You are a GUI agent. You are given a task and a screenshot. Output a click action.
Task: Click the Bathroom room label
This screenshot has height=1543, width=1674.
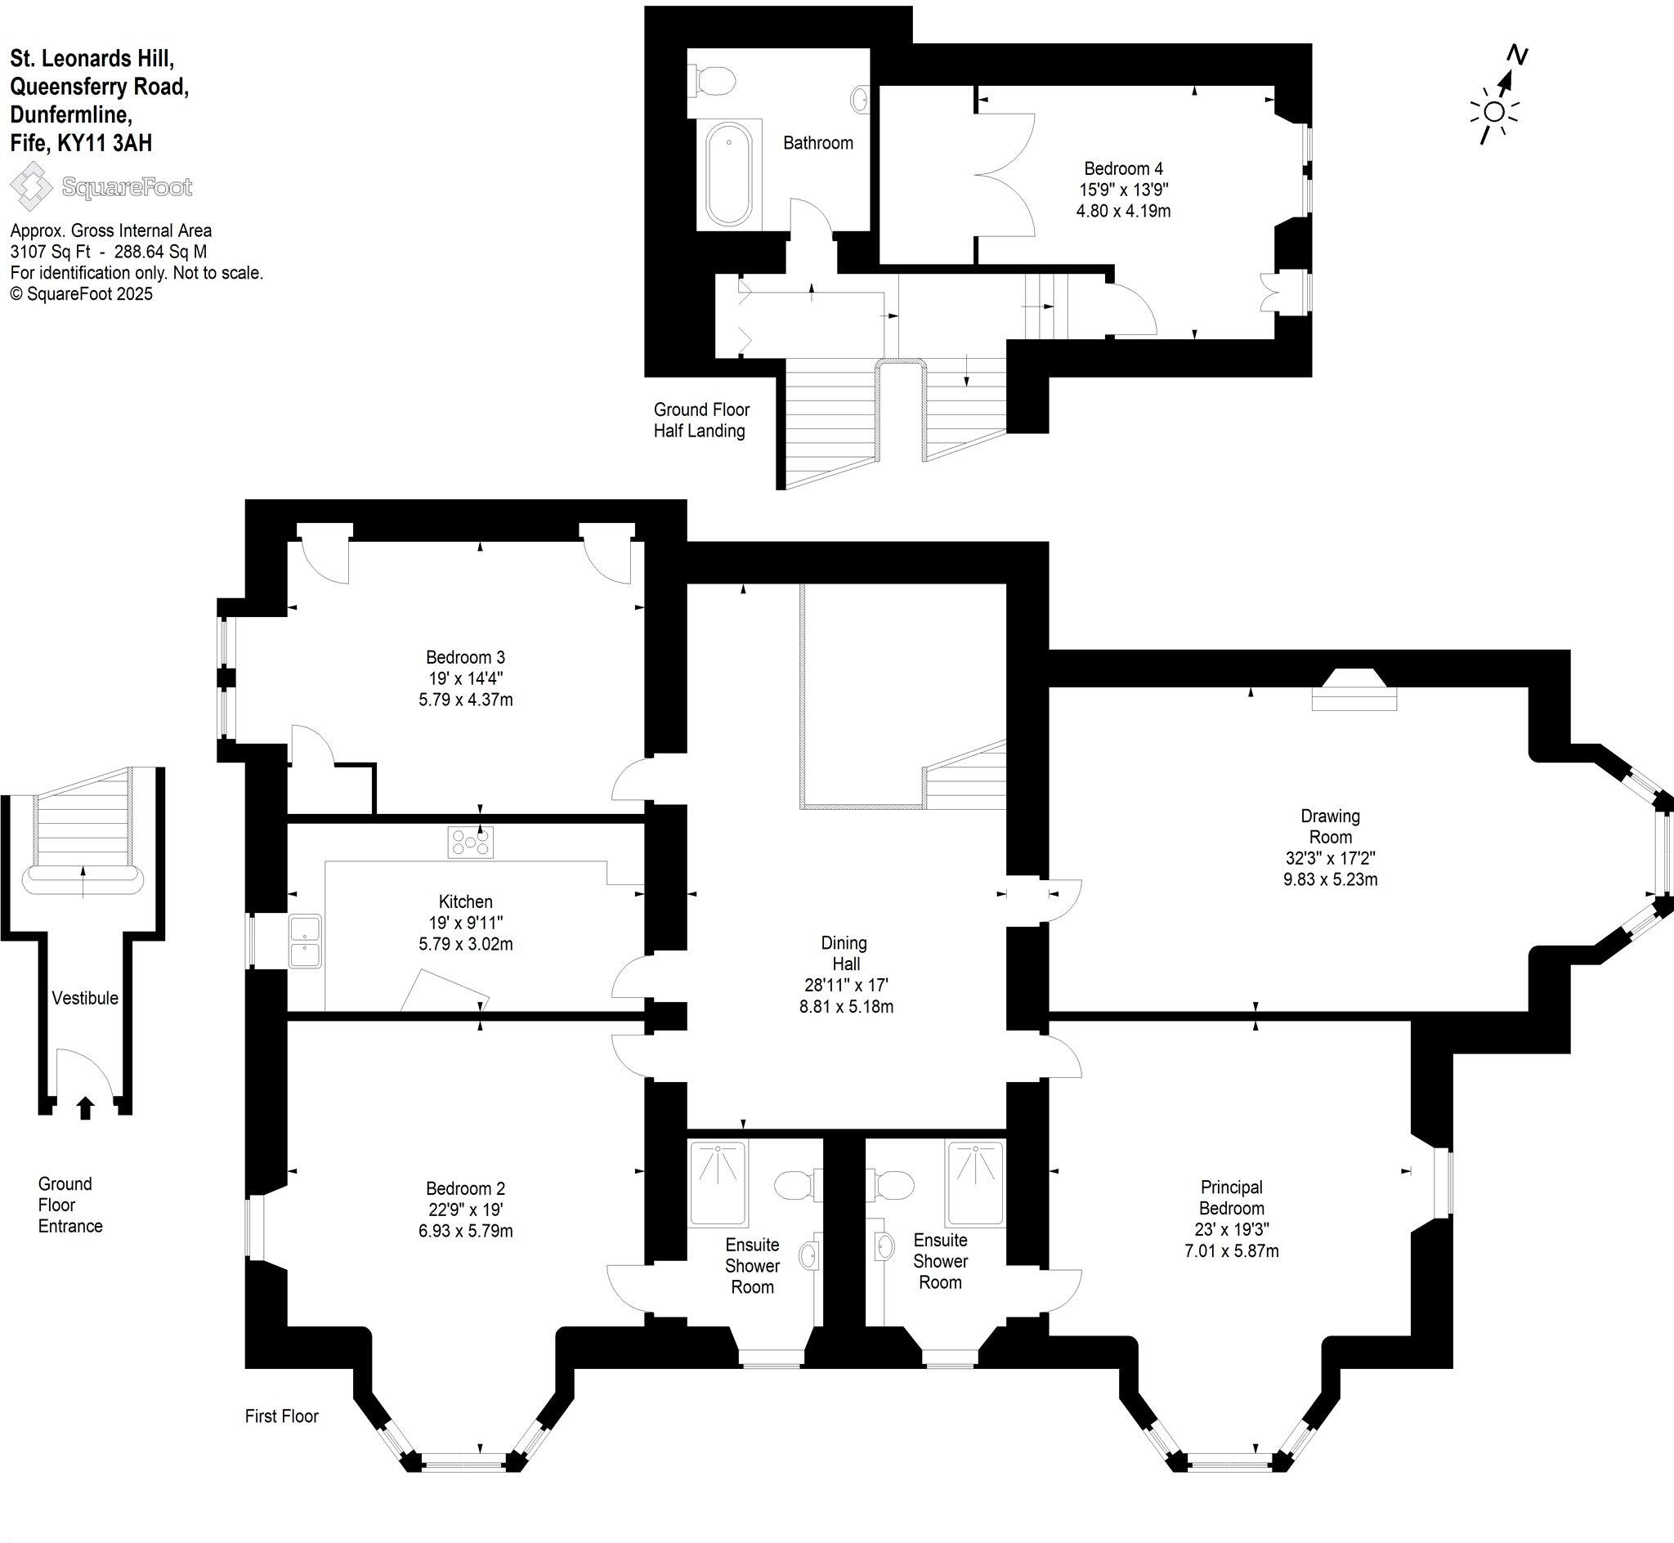tap(817, 143)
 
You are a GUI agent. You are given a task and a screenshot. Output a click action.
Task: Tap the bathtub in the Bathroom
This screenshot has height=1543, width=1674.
tap(729, 174)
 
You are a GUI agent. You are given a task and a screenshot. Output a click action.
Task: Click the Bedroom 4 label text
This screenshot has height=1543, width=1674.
tap(1123, 168)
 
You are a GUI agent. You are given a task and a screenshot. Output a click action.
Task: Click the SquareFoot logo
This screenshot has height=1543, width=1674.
tap(101, 187)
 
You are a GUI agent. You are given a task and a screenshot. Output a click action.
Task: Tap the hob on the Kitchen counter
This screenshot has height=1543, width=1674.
tap(470, 843)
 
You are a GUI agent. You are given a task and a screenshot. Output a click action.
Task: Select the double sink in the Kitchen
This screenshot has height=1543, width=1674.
tap(306, 941)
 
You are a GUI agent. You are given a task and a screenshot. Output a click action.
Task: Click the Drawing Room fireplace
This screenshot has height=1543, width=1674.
tap(1354, 691)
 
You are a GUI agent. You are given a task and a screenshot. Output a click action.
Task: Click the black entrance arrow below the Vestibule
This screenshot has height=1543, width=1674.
tap(85, 1108)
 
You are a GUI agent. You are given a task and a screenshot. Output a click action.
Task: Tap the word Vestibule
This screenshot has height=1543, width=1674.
tap(85, 998)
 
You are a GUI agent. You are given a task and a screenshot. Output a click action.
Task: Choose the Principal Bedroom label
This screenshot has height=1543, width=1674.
tap(1232, 1197)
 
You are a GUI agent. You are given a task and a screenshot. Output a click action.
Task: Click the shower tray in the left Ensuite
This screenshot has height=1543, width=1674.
tap(718, 1183)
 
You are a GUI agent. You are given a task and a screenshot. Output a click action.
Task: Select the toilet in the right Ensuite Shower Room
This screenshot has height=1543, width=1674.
tap(891, 1184)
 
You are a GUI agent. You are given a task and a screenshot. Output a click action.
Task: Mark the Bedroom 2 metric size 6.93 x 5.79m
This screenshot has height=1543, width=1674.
tap(466, 1231)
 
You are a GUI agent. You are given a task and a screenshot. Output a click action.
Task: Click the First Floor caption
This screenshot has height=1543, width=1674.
tap(281, 1416)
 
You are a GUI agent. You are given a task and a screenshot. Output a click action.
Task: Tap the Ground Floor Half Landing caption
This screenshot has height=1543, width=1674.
tap(700, 420)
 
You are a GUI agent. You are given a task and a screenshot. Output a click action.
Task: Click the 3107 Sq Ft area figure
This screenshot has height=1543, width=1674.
tap(49, 253)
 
